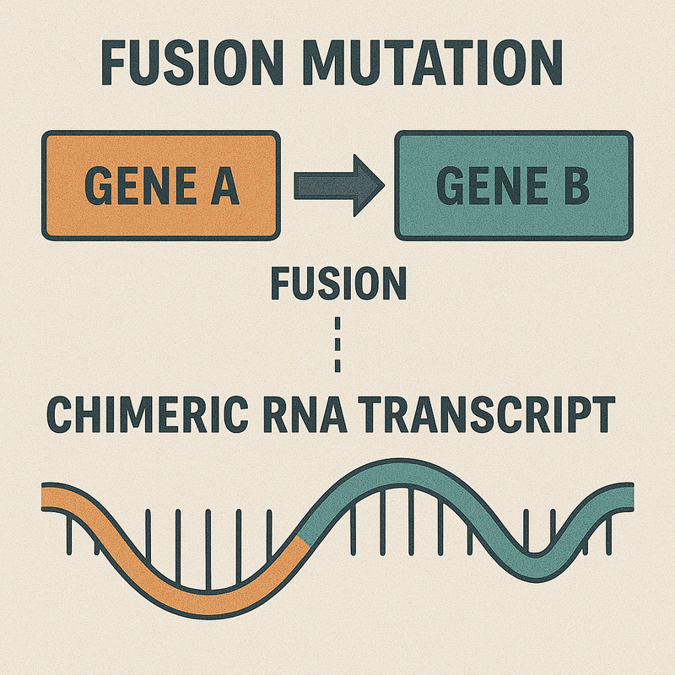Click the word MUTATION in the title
click(x=433, y=62)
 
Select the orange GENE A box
click(x=161, y=186)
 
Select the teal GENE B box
click(x=514, y=186)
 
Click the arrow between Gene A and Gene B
click(x=339, y=186)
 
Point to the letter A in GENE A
click(x=224, y=186)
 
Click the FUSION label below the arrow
click(x=339, y=283)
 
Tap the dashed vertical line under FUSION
click(x=337, y=344)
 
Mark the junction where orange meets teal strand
click(x=304, y=542)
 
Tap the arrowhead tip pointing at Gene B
click(x=384, y=186)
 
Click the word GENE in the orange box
click(x=140, y=186)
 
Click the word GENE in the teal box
click(x=492, y=186)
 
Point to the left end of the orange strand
click(x=42, y=496)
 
